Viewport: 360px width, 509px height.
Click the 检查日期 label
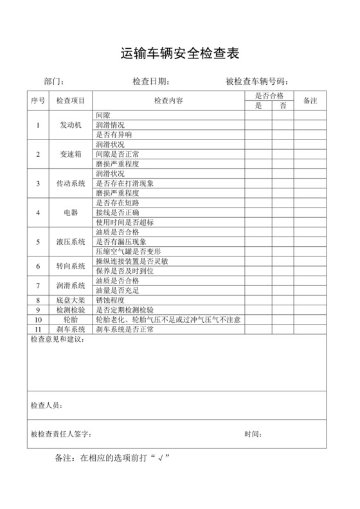(150, 82)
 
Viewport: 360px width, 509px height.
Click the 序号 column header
(37, 101)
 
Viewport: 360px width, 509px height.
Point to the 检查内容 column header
(168, 101)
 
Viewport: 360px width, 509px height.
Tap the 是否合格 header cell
(269, 96)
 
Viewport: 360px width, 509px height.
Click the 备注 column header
(311, 101)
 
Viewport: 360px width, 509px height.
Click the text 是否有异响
(114, 134)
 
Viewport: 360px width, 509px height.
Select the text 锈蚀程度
(109, 299)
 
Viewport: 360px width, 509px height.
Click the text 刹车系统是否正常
(125, 329)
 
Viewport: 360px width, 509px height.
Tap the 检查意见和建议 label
(57, 339)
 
